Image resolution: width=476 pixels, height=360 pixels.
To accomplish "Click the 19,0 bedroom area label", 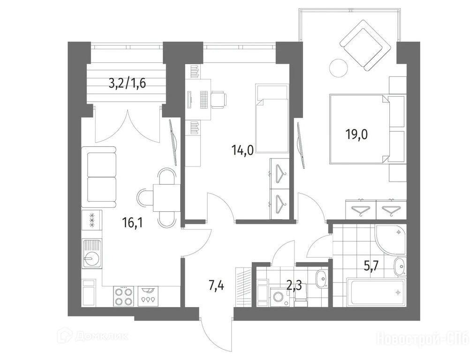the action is (x=356, y=134).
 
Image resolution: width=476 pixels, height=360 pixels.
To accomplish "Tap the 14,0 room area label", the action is (x=242, y=150).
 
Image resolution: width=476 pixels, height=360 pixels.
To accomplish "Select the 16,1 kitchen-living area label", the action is (x=133, y=224).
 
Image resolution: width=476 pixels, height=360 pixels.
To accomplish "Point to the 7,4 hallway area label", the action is (x=217, y=285).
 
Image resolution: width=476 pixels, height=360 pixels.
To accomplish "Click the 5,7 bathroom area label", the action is (x=371, y=267).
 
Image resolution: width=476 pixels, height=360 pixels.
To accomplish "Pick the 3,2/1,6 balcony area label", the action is (x=127, y=82).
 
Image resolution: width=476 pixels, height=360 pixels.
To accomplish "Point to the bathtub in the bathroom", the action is (x=378, y=292).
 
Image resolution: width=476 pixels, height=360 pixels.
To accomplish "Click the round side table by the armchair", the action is (x=339, y=68).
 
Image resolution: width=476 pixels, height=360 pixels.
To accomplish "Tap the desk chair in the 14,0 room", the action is (x=219, y=100).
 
